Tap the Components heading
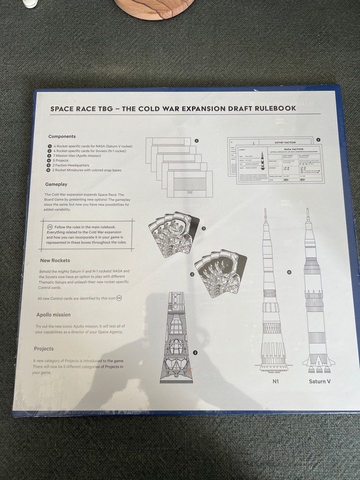62,137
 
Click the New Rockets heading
55,260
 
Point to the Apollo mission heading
53,315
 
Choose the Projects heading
44,349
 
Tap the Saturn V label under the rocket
320,381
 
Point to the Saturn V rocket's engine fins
319,364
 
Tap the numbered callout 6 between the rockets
289,272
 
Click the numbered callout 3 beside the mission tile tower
195,353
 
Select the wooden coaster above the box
153,7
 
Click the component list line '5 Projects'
62,161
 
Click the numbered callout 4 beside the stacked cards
196,140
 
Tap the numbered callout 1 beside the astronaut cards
203,229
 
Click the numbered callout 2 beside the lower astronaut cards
192,274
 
